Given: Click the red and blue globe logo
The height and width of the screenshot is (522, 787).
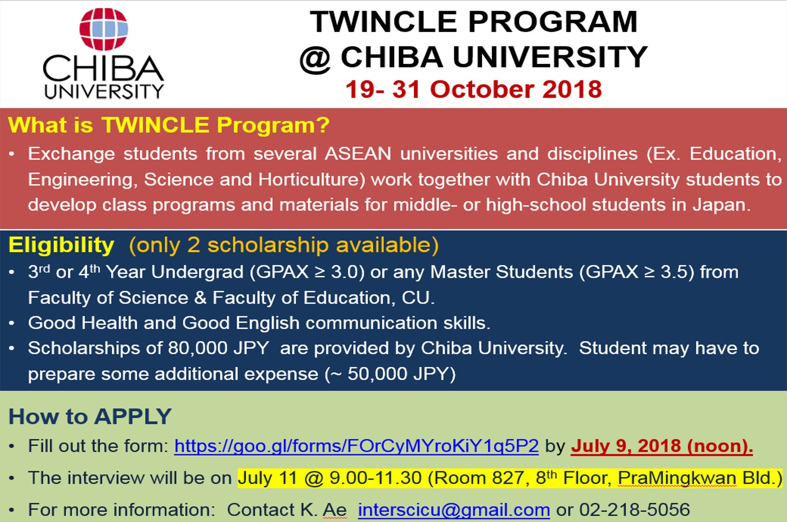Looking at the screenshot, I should pos(104,29).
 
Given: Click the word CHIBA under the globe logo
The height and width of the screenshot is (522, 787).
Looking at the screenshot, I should pos(103,69).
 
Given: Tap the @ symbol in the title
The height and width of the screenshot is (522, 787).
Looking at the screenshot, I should pos(315,59).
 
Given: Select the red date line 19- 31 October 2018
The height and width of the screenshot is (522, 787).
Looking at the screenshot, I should pos(473,89).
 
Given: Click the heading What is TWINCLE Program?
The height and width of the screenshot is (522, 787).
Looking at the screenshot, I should pos(169,125).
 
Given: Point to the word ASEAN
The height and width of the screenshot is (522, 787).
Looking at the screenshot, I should pos(358,154).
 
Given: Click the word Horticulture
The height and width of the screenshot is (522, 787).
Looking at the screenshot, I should pos(311,179).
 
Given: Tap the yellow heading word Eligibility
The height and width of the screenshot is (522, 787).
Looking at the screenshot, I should pos(62,245).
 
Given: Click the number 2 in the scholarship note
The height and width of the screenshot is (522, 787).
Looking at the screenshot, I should pos(193,245).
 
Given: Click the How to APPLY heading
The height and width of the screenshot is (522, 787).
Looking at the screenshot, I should pos(90,417).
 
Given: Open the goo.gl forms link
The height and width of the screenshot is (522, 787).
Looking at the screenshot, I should pos(356,446).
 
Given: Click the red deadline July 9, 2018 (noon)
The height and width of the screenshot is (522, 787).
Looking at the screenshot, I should pos(662,446).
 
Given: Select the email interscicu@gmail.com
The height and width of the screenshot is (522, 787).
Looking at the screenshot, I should pos(454,510).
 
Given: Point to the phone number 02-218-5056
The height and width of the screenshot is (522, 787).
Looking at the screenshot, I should pos(634,510).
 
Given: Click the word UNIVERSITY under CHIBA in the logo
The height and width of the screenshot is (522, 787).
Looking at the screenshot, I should pos(104,91).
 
